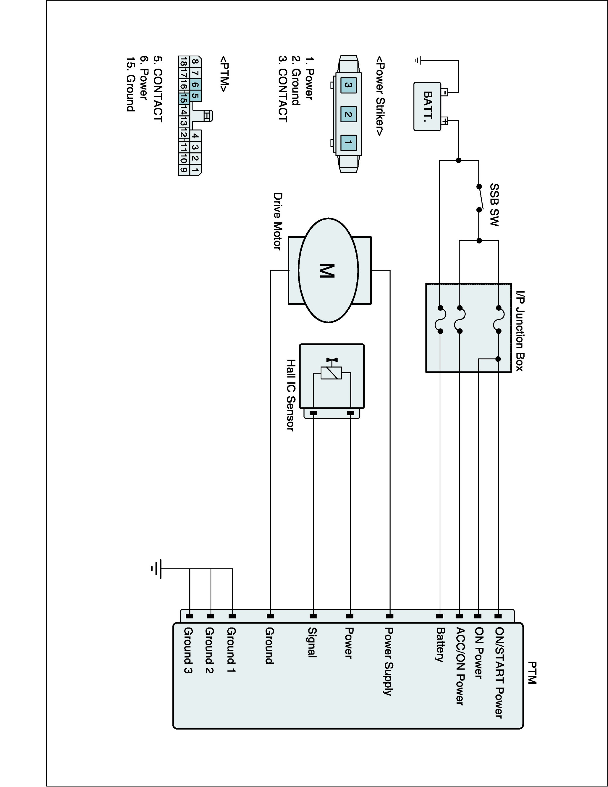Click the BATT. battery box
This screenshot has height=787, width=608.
point(427,106)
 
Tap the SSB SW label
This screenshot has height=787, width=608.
point(494,205)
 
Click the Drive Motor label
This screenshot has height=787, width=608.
point(277,221)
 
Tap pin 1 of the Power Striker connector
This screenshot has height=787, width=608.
point(348,142)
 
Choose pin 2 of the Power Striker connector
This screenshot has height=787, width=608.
point(348,114)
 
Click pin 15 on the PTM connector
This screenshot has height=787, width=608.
point(183,98)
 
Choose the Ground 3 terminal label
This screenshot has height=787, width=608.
point(188,650)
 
